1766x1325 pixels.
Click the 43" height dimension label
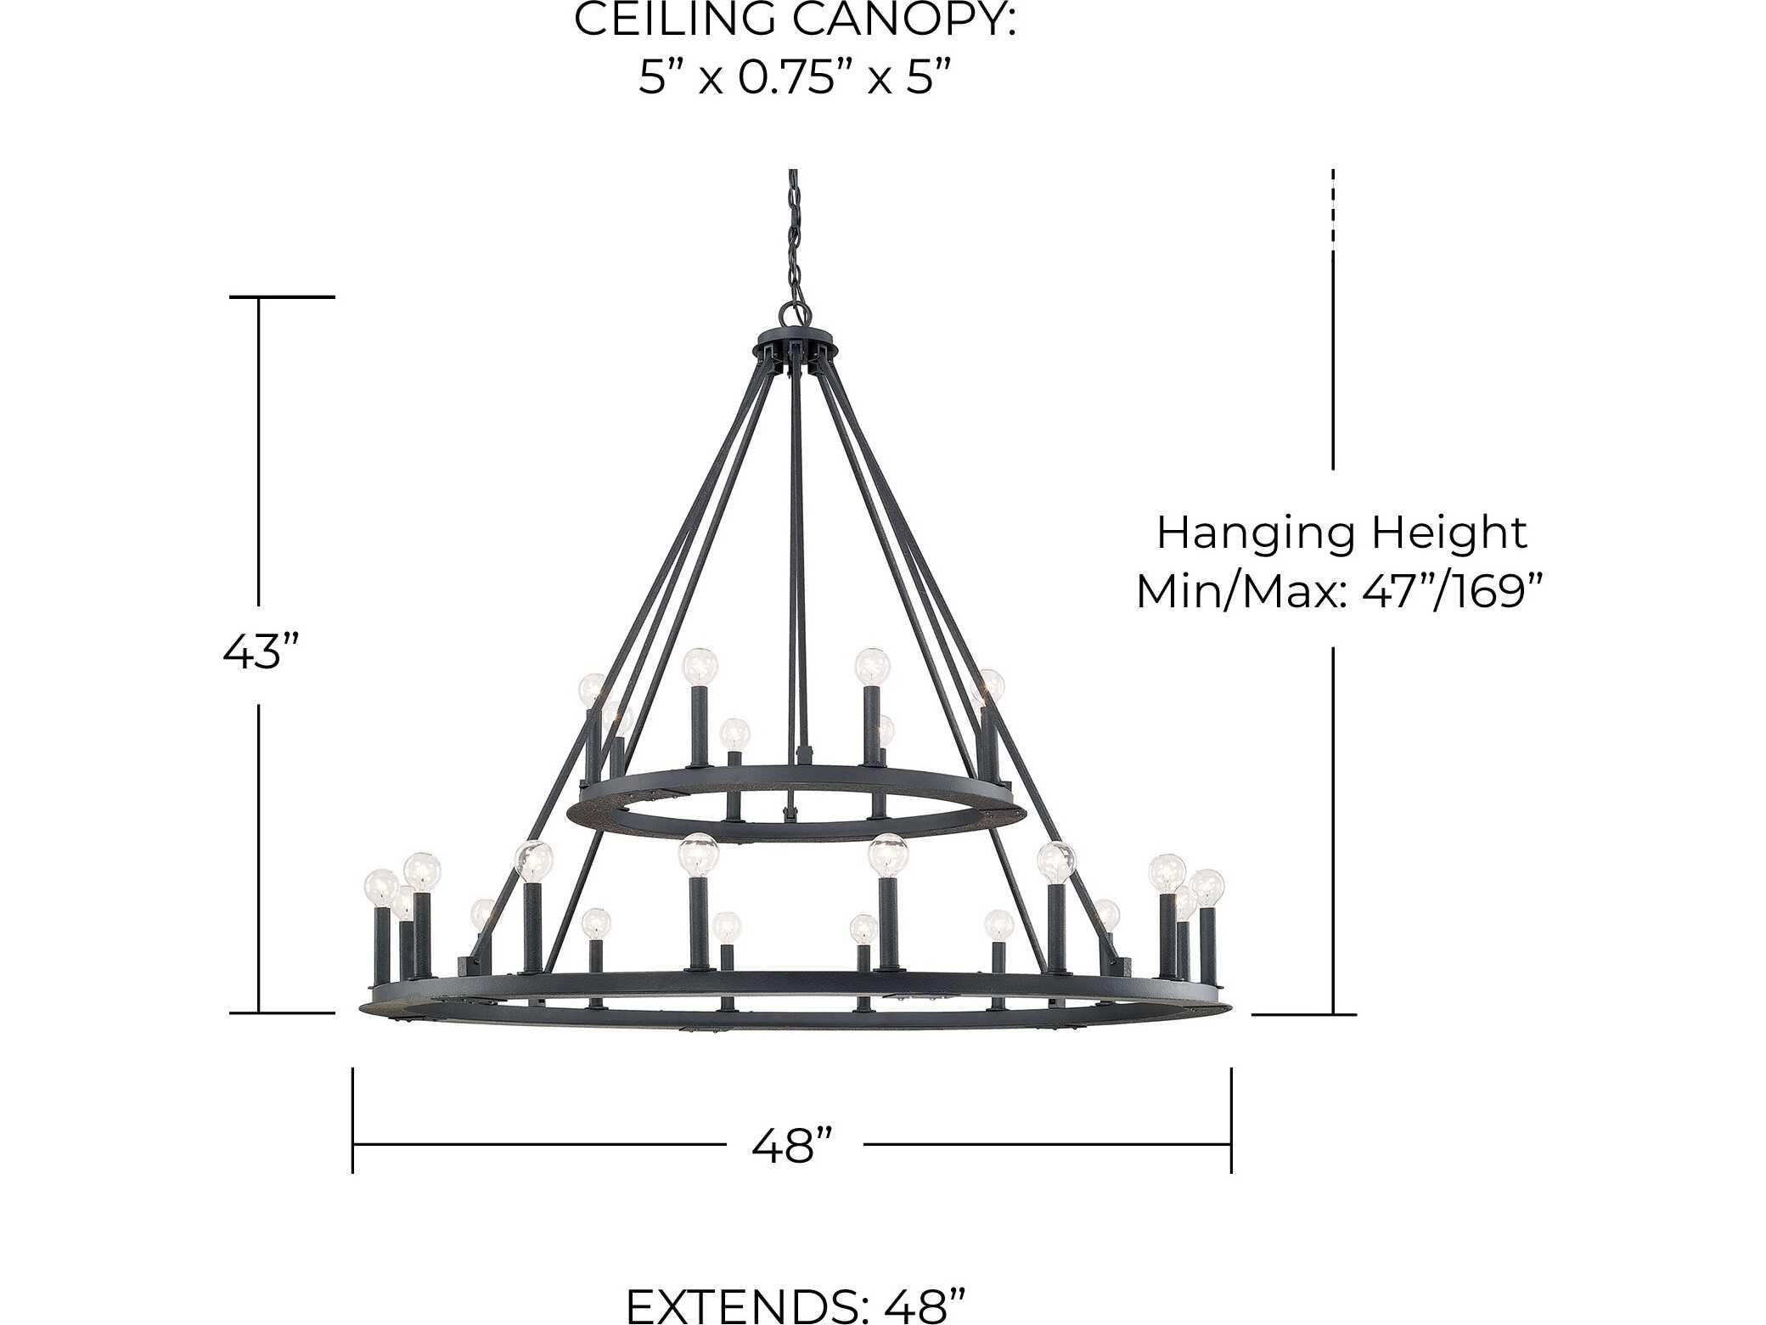click(262, 652)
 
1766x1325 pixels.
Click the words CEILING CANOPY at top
click(795, 20)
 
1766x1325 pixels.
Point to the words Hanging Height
click(1341, 533)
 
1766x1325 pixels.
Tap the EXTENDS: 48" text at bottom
click(796, 1305)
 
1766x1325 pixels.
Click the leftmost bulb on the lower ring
click(380, 888)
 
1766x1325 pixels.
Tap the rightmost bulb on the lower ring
click(1206, 888)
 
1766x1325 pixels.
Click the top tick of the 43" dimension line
click(282, 297)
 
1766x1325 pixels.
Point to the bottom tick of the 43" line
click(282, 1013)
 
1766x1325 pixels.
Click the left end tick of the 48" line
click(353, 1120)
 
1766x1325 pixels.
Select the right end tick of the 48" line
click(1231, 1120)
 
